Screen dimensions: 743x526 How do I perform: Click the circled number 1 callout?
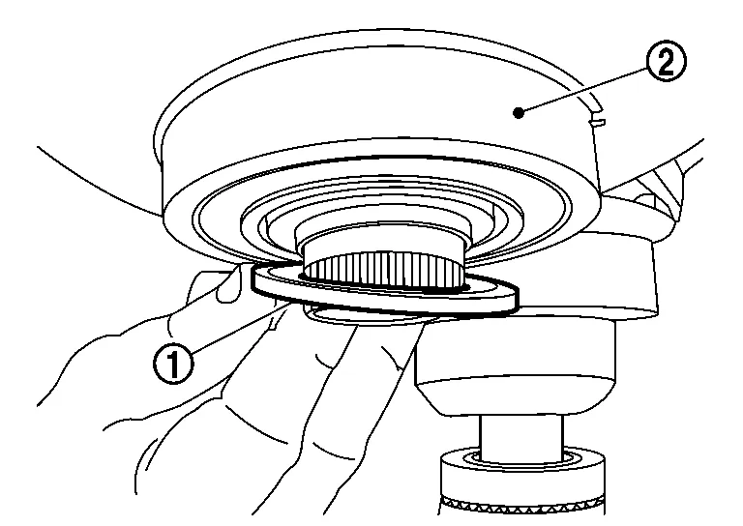point(173,364)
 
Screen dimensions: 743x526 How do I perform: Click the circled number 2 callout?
point(667,61)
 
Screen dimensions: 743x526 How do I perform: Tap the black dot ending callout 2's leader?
point(520,113)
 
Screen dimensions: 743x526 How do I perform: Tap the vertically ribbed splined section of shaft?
point(384,270)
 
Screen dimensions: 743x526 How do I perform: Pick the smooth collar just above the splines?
point(383,237)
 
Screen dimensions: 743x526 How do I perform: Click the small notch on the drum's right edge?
point(597,123)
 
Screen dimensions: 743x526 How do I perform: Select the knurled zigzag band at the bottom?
point(522,506)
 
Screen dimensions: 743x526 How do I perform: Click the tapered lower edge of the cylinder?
point(518,396)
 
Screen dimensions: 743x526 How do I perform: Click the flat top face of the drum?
point(374,90)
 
